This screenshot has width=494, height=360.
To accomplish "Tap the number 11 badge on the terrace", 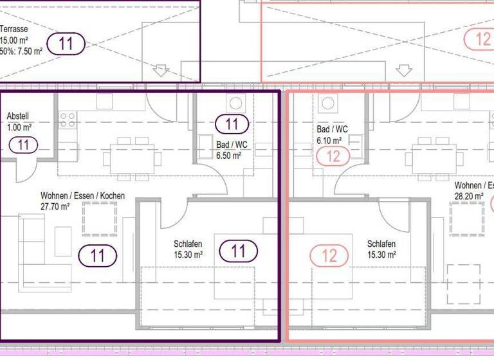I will (65, 44).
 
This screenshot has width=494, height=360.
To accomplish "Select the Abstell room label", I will (19, 116).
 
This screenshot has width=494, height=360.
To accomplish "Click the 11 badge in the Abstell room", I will (24, 145).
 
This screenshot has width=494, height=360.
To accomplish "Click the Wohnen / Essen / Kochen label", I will (82, 196).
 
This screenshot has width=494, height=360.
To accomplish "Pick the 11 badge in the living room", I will (97, 255).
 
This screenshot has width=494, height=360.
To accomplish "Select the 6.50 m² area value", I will (228, 155).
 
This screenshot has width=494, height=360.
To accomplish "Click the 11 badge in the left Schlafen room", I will (238, 251).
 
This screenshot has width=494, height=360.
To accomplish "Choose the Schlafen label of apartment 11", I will (188, 244).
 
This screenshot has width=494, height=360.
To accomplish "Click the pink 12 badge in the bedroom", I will (329, 255).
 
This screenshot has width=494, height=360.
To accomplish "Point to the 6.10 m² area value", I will (329, 139).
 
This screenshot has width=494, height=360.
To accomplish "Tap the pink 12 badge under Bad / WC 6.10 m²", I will (333, 156).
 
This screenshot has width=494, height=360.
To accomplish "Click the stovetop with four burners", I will (68, 118).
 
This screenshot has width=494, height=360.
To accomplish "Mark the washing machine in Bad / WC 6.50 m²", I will (235, 103).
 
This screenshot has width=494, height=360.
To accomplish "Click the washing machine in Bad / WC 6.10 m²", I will (326, 103).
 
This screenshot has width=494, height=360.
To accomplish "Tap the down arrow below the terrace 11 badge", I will (160, 70).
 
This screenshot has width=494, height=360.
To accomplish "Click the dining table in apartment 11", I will (133, 155).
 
